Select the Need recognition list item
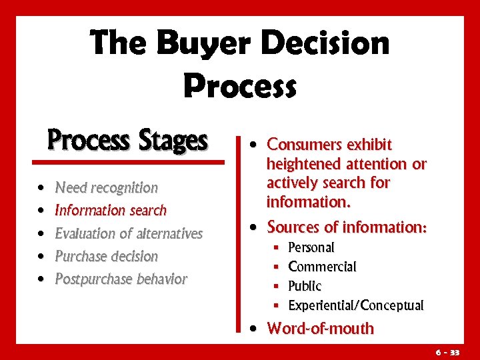[x=106, y=188]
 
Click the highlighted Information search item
[x=111, y=211]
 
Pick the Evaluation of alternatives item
[x=129, y=233]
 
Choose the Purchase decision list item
[x=106, y=256]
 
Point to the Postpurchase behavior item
[x=121, y=279]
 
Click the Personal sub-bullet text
[x=311, y=247]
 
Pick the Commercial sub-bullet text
[x=322, y=267]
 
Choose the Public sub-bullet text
[x=305, y=286]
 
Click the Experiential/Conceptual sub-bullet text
[x=355, y=305]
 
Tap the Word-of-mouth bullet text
[x=320, y=329]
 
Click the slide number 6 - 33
[x=448, y=351]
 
